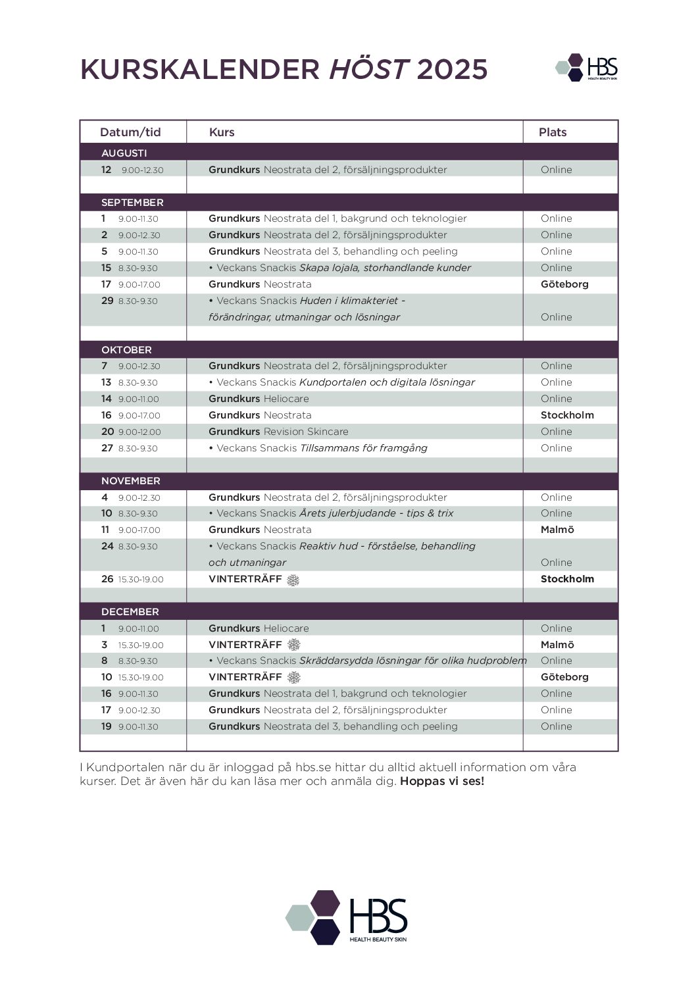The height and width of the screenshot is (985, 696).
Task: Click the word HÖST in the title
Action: tap(369, 69)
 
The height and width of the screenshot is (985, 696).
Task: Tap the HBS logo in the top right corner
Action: tap(587, 67)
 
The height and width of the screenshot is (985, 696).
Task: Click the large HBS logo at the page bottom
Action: tap(347, 917)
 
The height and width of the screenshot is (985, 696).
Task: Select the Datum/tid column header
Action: tap(130, 132)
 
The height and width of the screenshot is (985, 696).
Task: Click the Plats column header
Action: tap(553, 132)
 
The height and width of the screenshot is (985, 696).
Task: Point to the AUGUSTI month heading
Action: tap(124, 153)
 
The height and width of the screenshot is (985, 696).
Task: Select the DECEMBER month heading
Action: tap(130, 612)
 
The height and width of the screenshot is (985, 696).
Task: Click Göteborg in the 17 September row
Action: tap(564, 284)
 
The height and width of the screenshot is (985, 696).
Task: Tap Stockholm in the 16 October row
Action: tap(567, 415)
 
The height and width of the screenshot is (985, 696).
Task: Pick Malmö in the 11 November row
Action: tap(557, 530)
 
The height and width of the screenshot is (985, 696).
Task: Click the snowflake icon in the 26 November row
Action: tap(293, 580)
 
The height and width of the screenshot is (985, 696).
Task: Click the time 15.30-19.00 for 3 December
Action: tap(141, 645)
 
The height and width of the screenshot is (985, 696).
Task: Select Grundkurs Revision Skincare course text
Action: tap(278, 432)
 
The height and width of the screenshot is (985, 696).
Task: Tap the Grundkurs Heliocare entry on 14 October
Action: tap(259, 399)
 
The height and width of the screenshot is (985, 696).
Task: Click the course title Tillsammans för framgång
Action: tap(363, 448)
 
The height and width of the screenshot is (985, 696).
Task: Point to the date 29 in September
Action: tap(107, 301)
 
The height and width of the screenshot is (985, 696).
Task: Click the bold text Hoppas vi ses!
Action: tap(442, 782)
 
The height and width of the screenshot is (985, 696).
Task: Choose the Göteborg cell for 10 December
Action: tap(564, 677)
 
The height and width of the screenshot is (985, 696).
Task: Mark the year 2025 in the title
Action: tap(452, 69)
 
